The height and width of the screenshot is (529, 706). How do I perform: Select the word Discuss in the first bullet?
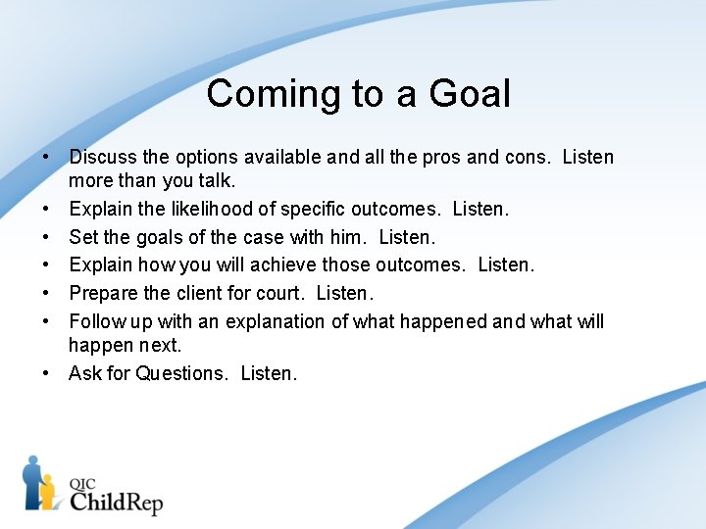click(x=102, y=157)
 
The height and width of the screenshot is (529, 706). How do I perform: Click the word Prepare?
click(x=103, y=293)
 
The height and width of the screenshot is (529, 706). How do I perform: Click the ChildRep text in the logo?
click(x=116, y=502)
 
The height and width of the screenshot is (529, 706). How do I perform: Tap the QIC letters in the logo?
click(x=83, y=482)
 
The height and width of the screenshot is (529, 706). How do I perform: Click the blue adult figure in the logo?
click(x=32, y=480)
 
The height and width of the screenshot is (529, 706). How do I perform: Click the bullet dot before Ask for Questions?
click(x=47, y=373)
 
